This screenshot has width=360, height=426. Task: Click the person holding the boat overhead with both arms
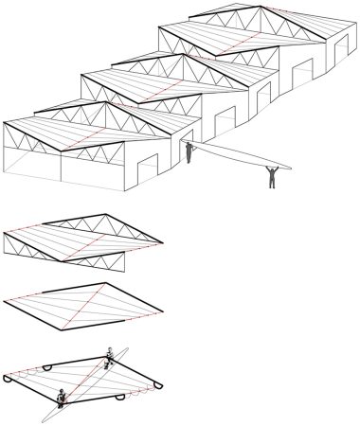coord(272,176)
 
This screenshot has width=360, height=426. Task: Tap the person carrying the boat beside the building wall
coord(189,151)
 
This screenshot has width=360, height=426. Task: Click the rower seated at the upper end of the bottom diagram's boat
coord(112,353)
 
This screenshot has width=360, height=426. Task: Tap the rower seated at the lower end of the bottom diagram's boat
coord(62,397)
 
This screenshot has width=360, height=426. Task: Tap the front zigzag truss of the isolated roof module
coord(57,252)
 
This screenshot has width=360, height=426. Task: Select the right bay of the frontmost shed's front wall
coord(90,169)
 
